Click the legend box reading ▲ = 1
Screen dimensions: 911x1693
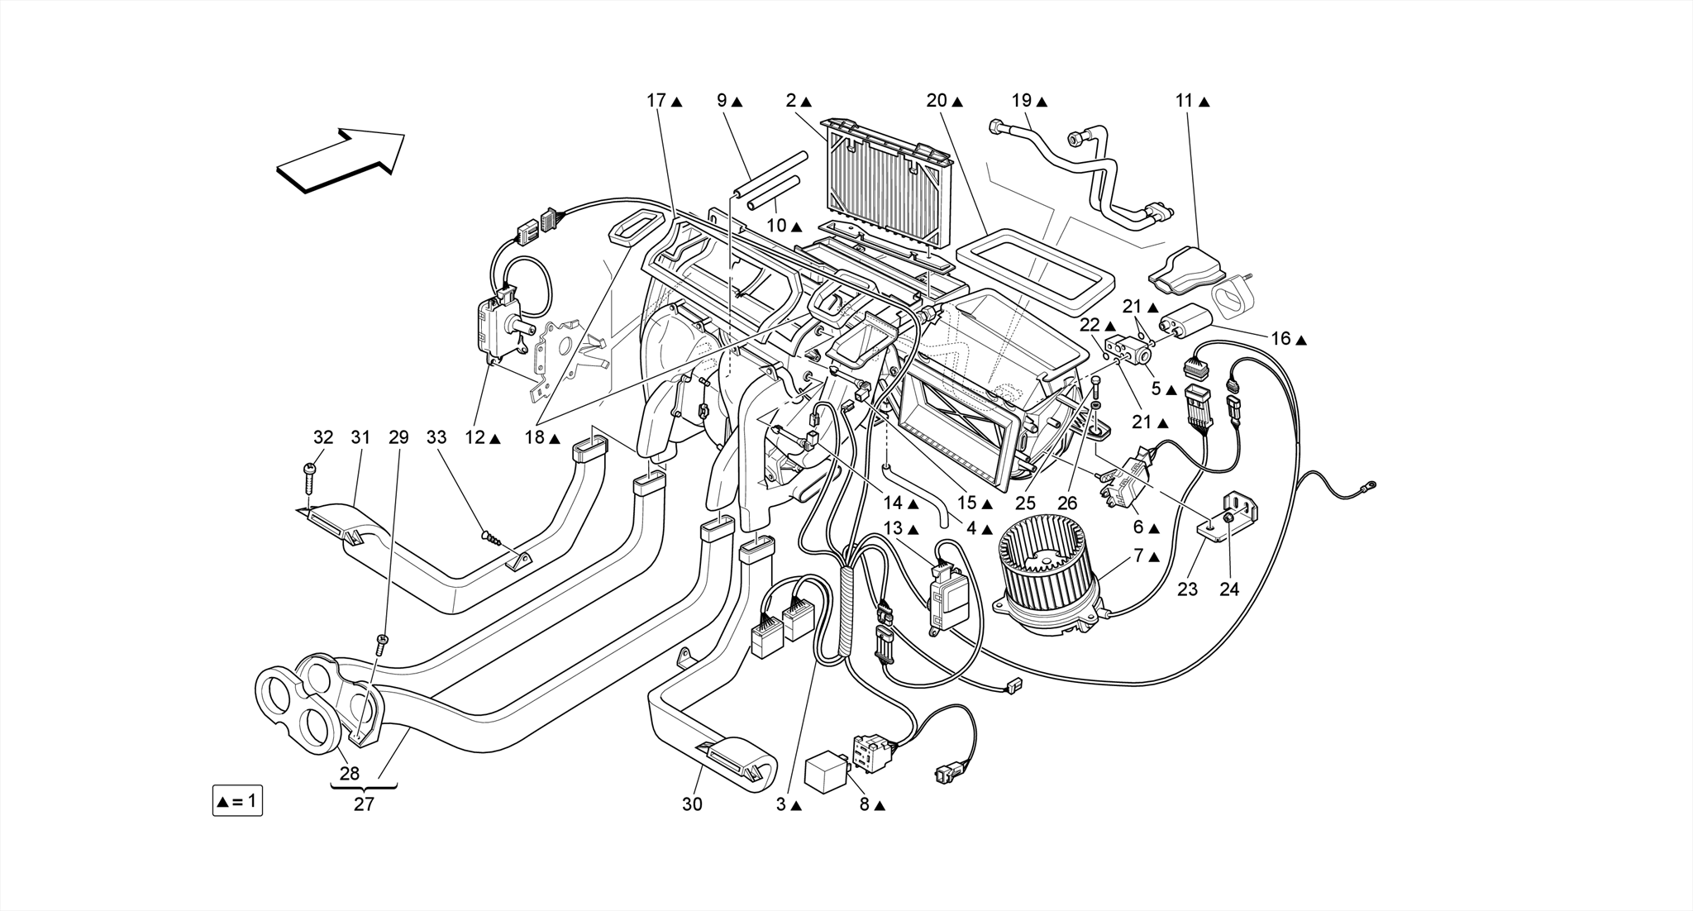click(237, 801)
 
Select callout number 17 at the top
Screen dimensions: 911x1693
click(656, 101)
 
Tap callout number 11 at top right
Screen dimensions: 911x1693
click(1184, 101)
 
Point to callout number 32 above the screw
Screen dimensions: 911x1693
click(323, 437)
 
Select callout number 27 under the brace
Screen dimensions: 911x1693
click(364, 804)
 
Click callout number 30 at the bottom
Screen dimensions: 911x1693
click(692, 804)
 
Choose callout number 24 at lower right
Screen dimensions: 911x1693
click(1230, 589)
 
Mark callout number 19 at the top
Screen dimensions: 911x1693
click(1022, 101)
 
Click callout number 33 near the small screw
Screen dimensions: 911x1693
click(436, 437)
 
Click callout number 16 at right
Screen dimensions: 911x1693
click(1280, 339)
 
